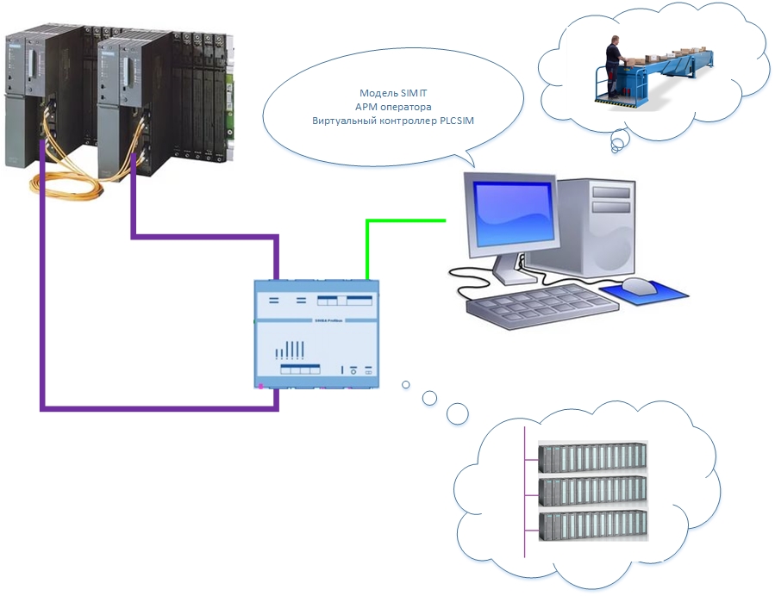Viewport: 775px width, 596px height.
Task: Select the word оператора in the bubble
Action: point(408,106)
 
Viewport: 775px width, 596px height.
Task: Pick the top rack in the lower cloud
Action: point(592,458)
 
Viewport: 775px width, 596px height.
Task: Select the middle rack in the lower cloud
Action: point(592,492)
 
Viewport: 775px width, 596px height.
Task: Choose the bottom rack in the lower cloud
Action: point(592,526)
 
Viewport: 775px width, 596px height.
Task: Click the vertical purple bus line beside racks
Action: point(524,491)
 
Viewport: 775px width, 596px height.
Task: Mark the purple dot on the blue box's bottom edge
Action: point(260,387)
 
